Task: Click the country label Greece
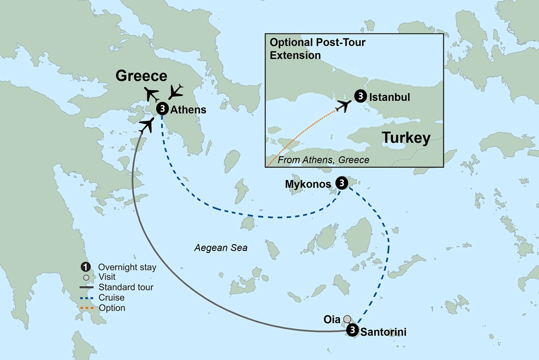[x=141, y=75]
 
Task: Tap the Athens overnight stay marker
[x=162, y=109]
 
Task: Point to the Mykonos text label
[x=308, y=184]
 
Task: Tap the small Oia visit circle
[x=348, y=319]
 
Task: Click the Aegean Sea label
[x=221, y=248]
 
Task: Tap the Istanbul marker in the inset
[x=360, y=96]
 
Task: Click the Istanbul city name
[x=390, y=98]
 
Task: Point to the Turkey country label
[x=406, y=138]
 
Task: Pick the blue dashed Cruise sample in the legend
[x=85, y=298]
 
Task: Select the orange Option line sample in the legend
[x=85, y=308]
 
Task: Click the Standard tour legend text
[x=126, y=288]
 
